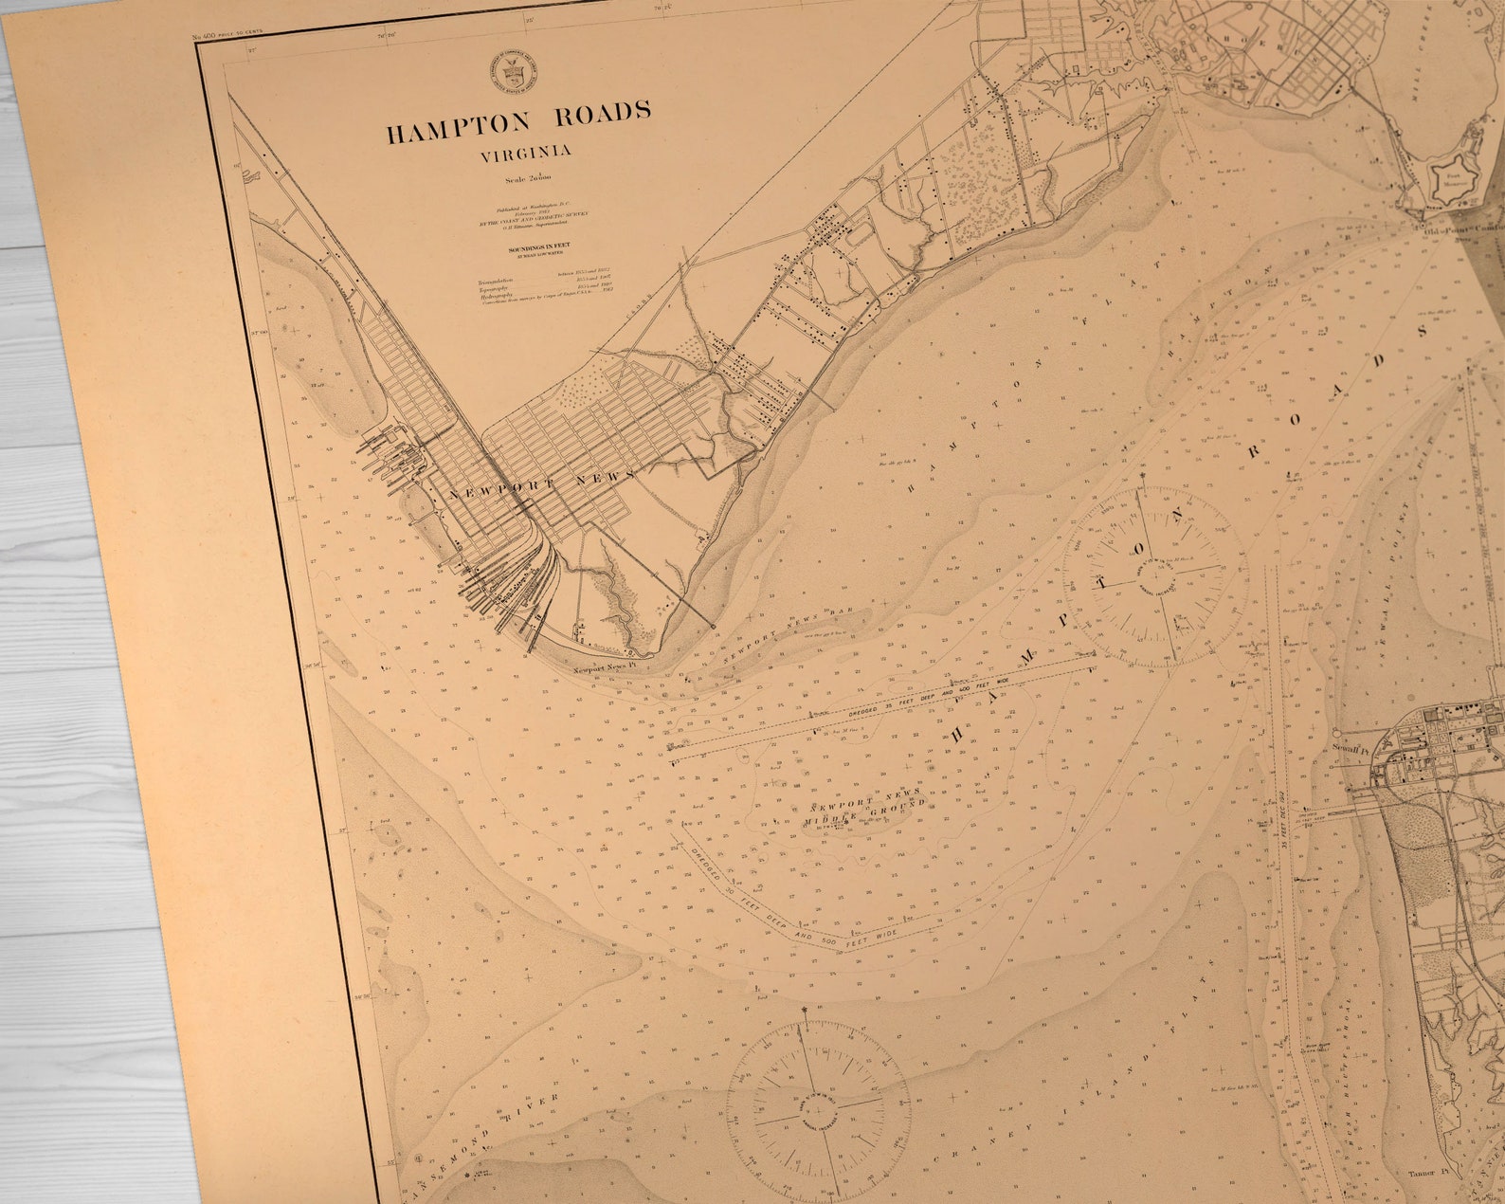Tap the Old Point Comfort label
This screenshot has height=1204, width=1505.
pyautogui.click(x=1464, y=228)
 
